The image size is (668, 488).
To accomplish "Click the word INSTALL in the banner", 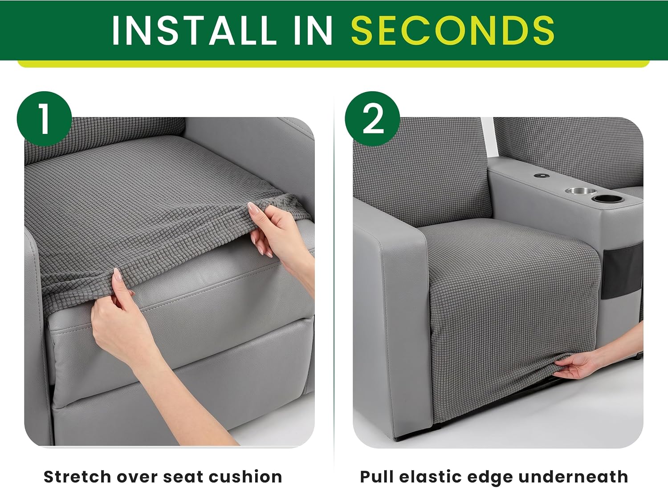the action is (195, 30).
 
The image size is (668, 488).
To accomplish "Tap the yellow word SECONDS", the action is (453, 30).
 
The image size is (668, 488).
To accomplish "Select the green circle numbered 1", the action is (45, 119).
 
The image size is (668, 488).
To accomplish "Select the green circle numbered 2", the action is (372, 119).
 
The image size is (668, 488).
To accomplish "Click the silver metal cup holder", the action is (581, 191).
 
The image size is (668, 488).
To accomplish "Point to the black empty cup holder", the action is (608, 199).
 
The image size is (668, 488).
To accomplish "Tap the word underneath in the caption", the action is (573, 477).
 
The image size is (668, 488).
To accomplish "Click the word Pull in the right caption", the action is (377, 477).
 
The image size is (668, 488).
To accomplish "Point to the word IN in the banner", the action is (313, 30).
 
